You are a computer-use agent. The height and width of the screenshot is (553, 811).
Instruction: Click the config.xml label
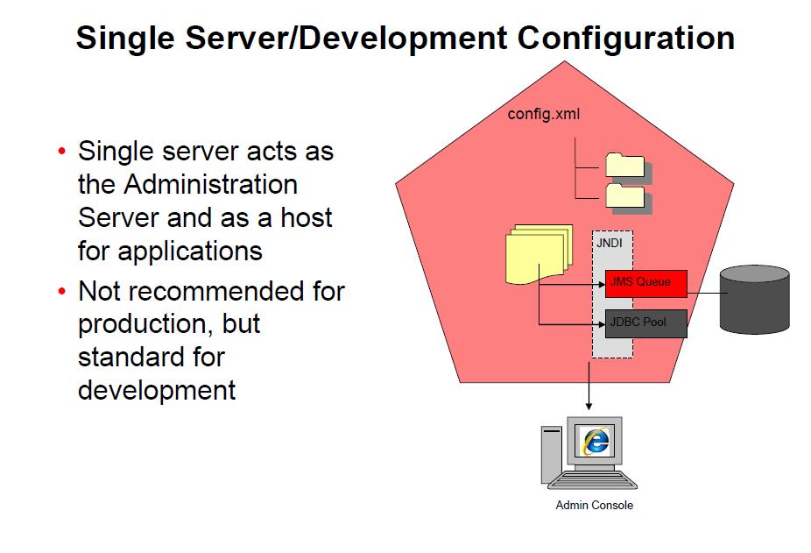[x=544, y=115]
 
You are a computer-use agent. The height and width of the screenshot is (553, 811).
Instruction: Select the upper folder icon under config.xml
[x=624, y=166]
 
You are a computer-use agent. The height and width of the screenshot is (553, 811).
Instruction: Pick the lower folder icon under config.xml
[x=624, y=196]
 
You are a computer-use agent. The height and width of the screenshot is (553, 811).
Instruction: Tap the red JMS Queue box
[x=646, y=283]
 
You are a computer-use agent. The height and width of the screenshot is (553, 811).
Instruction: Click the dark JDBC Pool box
[x=646, y=323]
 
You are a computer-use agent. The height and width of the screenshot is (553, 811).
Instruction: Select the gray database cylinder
[x=754, y=300]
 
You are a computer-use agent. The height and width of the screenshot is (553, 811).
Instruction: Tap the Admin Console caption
[x=594, y=506]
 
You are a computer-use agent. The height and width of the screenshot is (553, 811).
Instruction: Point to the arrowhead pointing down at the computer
[x=589, y=405]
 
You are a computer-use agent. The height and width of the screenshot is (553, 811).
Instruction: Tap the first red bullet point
[x=61, y=152]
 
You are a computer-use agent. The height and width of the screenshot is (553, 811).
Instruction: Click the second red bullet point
[x=61, y=291]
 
